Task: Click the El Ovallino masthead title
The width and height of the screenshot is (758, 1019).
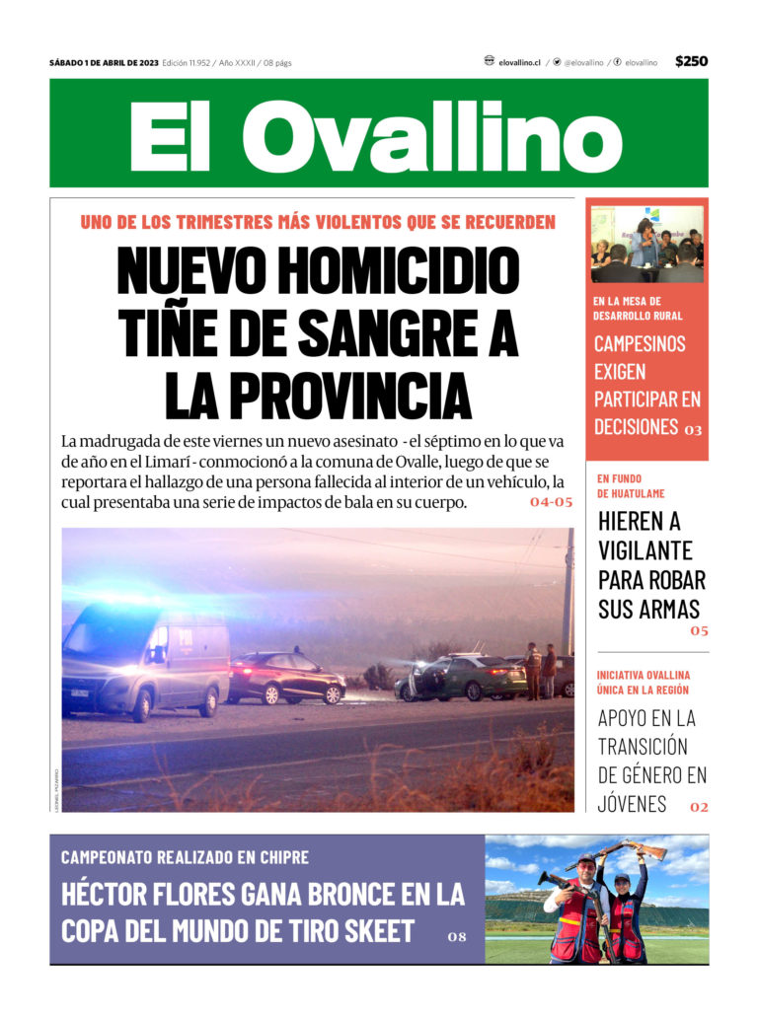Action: click(378, 136)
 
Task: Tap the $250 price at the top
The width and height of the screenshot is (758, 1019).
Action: click(691, 61)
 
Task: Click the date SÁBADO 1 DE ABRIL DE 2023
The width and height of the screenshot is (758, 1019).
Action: click(104, 63)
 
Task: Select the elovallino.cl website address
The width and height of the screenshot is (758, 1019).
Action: click(519, 62)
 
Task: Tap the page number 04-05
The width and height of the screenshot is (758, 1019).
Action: click(551, 502)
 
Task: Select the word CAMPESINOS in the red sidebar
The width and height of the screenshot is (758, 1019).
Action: click(640, 344)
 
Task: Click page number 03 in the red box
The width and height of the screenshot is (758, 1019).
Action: click(693, 430)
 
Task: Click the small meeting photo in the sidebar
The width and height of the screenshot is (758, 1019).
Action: click(646, 244)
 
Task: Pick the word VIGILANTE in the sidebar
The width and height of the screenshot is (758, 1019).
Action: click(645, 550)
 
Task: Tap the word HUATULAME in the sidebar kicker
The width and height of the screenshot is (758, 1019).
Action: click(631, 493)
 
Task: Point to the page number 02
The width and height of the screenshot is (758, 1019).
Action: click(699, 807)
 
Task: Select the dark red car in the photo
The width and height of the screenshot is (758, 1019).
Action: click(286, 678)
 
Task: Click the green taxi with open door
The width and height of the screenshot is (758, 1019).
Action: click(460, 678)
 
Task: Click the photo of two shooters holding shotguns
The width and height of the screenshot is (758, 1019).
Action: click(596, 900)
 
